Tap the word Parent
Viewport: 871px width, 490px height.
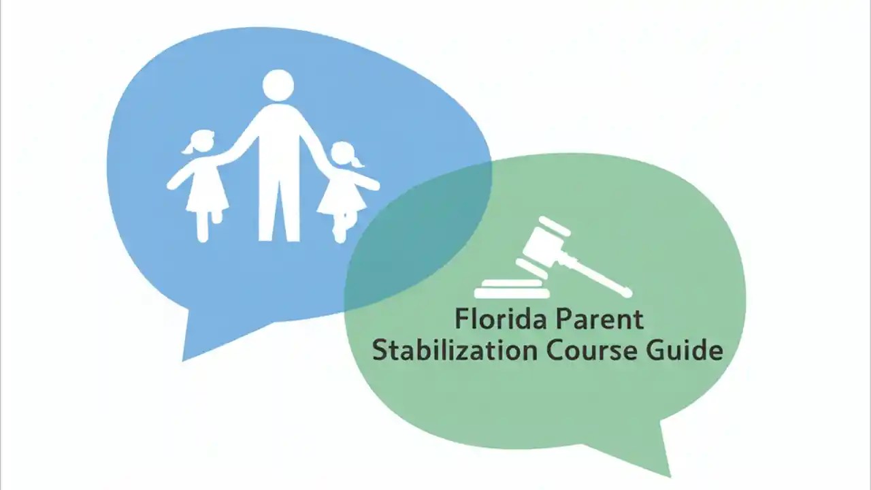(x=599, y=319)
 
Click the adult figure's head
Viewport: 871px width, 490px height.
(x=278, y=85)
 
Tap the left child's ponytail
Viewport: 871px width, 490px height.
(x=187, y=148)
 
